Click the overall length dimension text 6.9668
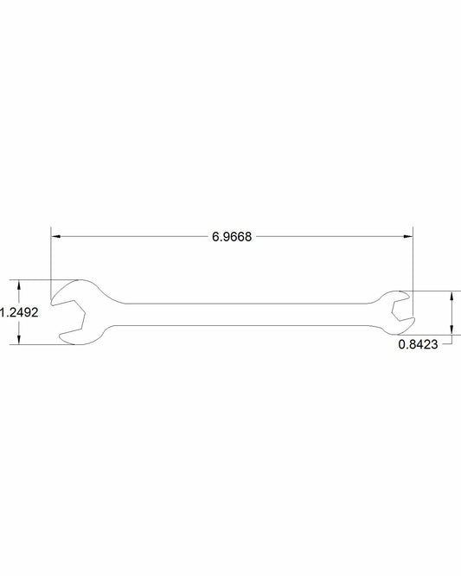click(x=231, y=236)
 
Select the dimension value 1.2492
click(x=18, y=313)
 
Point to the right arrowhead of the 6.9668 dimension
click(x=407, y=235)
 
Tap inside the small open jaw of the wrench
click(x=401, y=311)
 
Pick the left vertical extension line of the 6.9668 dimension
click(x=50, y=259)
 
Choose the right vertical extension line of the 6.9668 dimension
click(x=413, y=259)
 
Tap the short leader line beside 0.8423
click(x=446, y=344)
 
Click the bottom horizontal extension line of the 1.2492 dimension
click(x=35, y=344)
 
